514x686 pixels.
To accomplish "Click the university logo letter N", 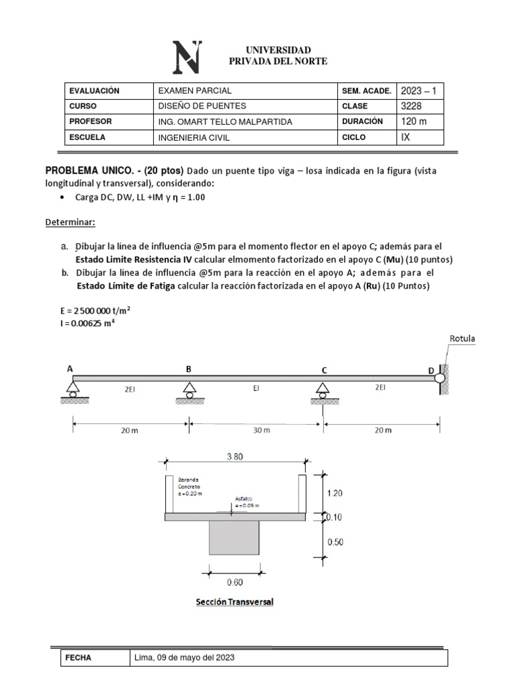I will [x=187, y=58].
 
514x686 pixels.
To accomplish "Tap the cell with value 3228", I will [x=412, y=106].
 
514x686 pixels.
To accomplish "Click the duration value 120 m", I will [x=414, y=121].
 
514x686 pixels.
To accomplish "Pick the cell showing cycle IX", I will [x=406, y=137].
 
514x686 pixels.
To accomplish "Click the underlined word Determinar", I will [x=70, y=221].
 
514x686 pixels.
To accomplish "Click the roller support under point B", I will [x=189, y=390].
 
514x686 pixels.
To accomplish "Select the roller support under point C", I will [x=323, y=390].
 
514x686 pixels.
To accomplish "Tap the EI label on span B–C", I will [x=256, y=387].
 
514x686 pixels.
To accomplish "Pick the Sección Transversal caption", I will [x=234, y=602].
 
